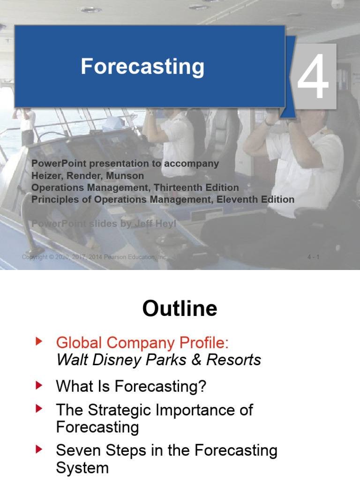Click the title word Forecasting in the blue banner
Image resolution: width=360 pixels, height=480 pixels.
(142, 67)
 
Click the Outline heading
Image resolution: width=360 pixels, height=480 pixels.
(180, 309)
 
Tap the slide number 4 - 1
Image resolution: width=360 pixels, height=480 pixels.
(313, 257)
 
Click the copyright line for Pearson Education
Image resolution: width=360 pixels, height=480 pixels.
(94, 257)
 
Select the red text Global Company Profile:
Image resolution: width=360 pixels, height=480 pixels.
(142, 343)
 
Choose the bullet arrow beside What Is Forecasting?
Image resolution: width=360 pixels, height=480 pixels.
(39, 386)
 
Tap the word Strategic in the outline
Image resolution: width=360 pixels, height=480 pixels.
(117, 410)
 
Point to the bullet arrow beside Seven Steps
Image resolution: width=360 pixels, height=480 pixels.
(39, 450)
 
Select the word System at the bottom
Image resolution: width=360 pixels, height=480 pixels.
(82, 468)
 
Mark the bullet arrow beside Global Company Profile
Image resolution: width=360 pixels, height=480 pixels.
(39, 342)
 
